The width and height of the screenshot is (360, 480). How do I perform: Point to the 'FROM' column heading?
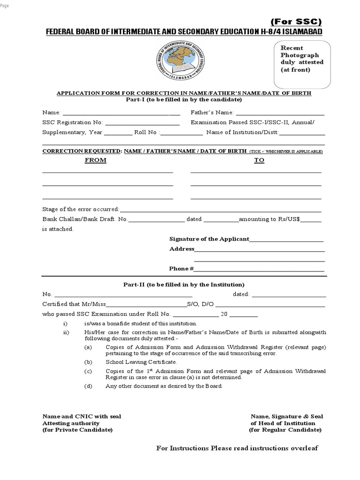pos(96,160)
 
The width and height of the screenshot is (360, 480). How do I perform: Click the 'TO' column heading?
pos(259,160)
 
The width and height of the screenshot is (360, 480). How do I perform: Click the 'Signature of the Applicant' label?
pos(209,239)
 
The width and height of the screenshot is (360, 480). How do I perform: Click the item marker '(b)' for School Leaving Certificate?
pos(88,362)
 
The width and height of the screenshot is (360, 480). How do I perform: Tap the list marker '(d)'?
pos(88,386)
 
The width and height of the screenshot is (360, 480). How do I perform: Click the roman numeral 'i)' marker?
pos(66,324)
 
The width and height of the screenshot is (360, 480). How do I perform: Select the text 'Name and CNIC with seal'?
pos(82,416)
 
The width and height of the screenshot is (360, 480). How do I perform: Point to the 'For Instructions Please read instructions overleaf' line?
pos(237,448)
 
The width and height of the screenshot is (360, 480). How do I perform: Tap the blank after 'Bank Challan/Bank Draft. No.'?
pos(157,220)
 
